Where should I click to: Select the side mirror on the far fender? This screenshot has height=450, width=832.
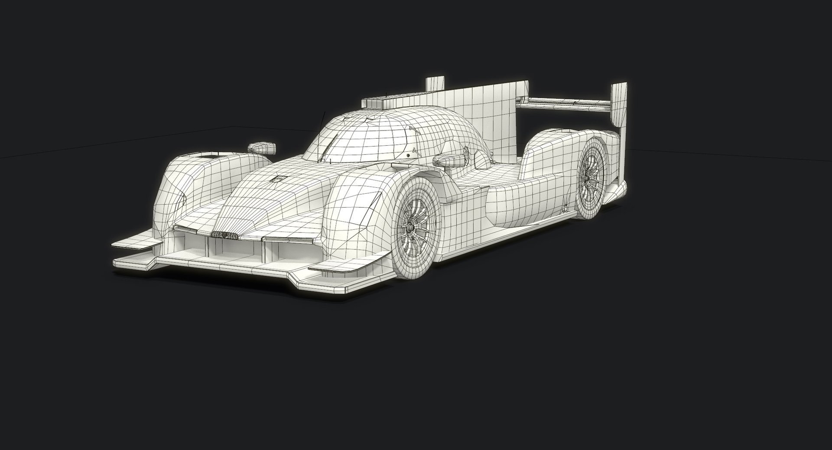pos(262,147)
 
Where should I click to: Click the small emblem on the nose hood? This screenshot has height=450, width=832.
pos(277,179)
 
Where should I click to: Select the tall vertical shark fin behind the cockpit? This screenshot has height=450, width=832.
pos(481,117)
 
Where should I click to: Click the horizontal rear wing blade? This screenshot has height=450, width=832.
pos(563,103)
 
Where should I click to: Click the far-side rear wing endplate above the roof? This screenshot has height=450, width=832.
pos(435,83)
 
